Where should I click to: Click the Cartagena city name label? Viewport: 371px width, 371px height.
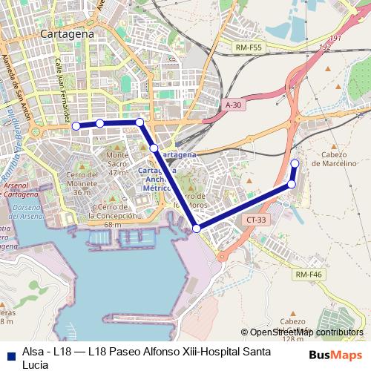(x=68, y=34)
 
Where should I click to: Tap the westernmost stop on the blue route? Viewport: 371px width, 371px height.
(x=75, y=126)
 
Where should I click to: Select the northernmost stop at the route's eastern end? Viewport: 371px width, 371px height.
(x=295, y=164)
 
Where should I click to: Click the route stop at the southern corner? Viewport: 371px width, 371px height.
(x=197, y=229)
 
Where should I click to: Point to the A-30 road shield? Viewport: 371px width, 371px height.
(x=234, y=106)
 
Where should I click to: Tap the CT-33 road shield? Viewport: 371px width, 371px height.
(x=257, y=220)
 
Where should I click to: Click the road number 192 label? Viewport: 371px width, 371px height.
(x=324, y=46)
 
